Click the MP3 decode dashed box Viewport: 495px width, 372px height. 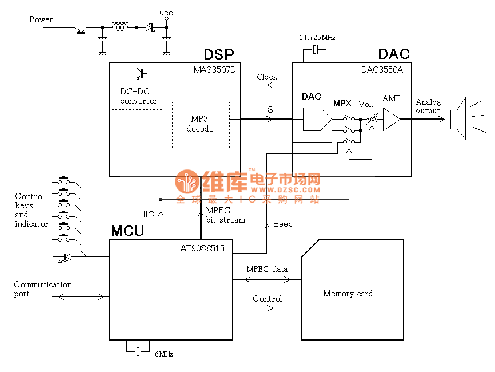pyautogui.click(x=200, y=125)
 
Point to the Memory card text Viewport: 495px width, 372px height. pyautogui.click(x=348, y=294)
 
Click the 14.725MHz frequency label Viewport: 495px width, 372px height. pyautogui.click(x=317, y=37)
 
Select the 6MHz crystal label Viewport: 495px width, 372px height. pyautogui.click(x=164, y=354)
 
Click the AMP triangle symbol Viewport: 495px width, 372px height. pyautogui.click(x=392, y=120)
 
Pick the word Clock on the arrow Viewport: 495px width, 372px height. pyautogui.click(x=267, y=77)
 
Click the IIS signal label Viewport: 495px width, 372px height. pyautogui.click(x=268, y=109)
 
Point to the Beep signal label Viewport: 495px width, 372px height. pyautogui.click(x=283, y=224)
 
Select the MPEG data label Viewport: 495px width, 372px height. pyautogui.click(x=267, y=269)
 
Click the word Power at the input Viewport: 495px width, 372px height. pyautogui.click(x=41, y=19)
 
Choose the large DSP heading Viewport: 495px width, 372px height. pyautogui.click(x=219, y=54)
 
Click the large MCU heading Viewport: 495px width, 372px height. pyautogui.click(x=127, y=231)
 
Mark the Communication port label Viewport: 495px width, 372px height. pyautogui.click(x=43, y=289)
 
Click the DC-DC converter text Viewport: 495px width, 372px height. pyautogui.click(x=138, y=96)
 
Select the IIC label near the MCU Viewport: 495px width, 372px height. pyautogui.click(x=149, y=215)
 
